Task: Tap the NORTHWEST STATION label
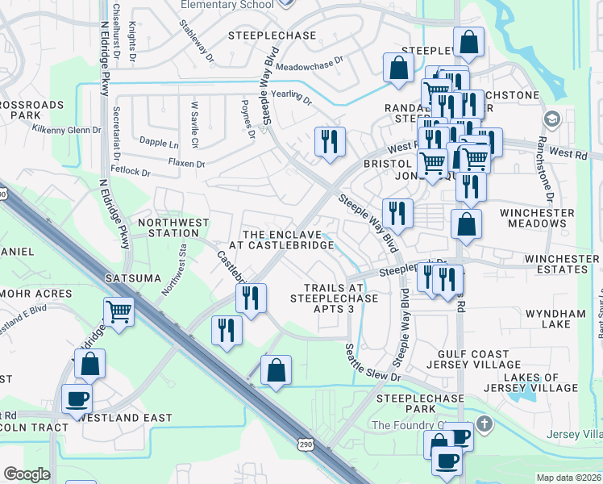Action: point(173,227)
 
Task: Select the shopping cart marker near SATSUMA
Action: point(119,311)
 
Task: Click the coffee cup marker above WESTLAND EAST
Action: point(78,399)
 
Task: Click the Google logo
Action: point(27,474)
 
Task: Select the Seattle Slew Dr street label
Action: point(372,364)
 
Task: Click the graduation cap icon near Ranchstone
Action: point(552,120)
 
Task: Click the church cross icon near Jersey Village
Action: point(483,423)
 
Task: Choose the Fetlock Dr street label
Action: point(131,172)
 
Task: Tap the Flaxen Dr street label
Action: point(186,163)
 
